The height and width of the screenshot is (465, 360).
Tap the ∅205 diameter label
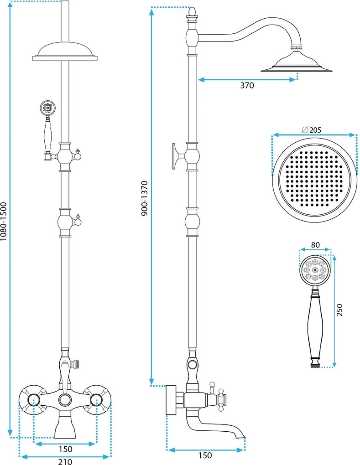click(311, 129)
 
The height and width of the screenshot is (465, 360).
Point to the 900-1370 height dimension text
click(145, 199)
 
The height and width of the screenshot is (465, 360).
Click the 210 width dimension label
click(65, 461)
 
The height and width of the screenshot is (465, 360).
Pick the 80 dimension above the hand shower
click(315, 245)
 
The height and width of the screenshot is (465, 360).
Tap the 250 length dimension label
click(339, 310)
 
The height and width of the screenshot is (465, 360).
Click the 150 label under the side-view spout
click(205, 455)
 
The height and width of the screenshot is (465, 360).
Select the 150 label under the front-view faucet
click(65, 449)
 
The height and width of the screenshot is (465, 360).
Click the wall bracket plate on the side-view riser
click(174, 156)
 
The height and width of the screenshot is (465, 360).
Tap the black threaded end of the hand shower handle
click(315, 365)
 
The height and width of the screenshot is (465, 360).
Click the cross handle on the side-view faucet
click(221, 398)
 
